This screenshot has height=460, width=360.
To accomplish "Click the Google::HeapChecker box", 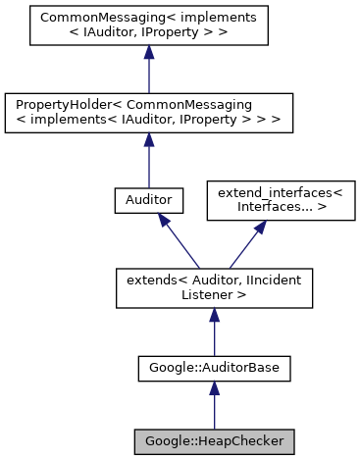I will point(214,440).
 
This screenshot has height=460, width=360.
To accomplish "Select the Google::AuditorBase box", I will point(214,369).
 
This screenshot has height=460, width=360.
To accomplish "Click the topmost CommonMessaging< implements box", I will point(147,28).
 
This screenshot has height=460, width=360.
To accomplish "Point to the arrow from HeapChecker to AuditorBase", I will point(214,407).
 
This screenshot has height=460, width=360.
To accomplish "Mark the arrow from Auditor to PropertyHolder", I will point(147,162).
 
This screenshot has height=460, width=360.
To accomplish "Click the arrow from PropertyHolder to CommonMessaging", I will point(147,74).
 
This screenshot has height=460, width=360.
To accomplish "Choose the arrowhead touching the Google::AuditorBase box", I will point(214,390).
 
